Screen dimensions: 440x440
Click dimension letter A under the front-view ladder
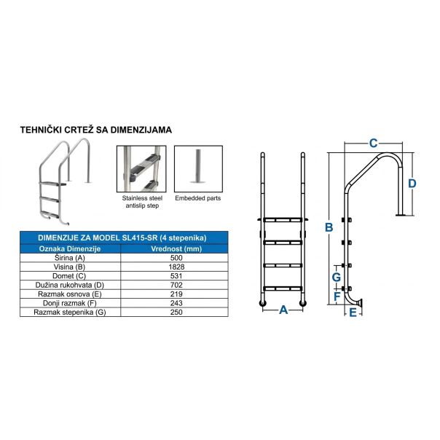[284, 310]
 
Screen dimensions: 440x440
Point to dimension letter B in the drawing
[329, 227]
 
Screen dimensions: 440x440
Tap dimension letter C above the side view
[373, 143]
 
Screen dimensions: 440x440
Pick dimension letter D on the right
[412, 184]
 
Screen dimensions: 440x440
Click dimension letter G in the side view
[336, 278]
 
